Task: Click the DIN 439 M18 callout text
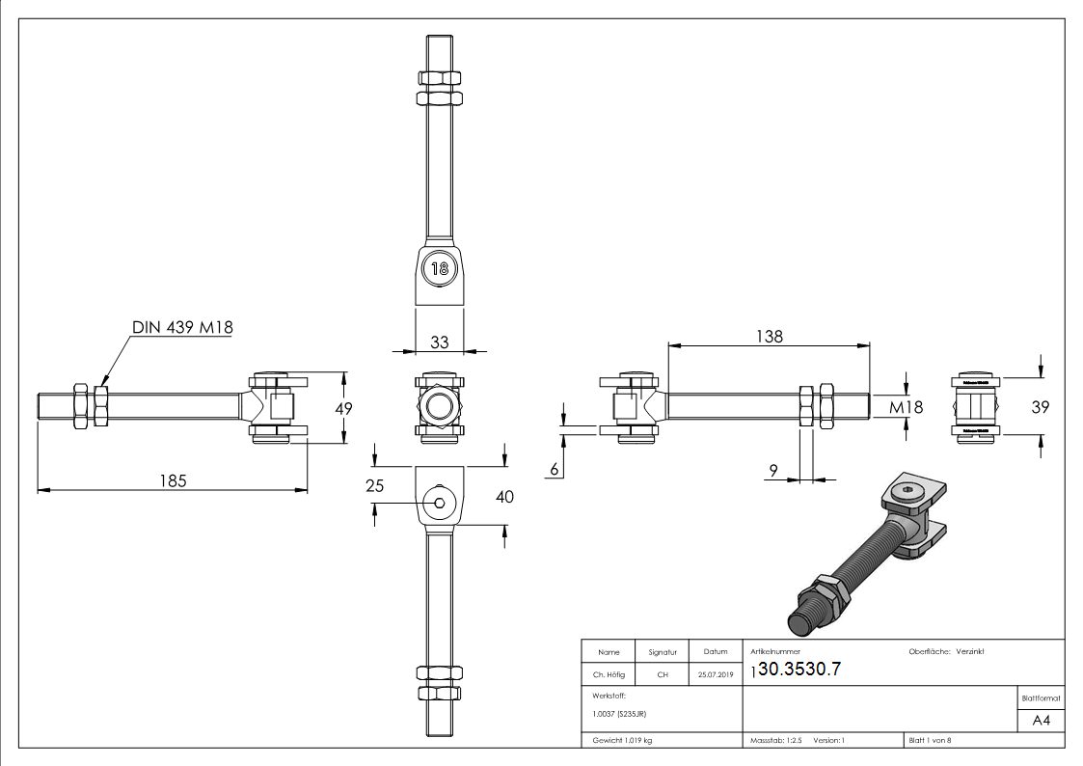pyautogui.click(x=182, y=328)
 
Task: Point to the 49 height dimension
pyautogui.click(x=340, y=408)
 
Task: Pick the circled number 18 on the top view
pyautogui.click(x=439, y=268)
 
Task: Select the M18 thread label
pyautogui.click(x=906, y=407)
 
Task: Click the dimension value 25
pyautogui.click(x=375, y=486)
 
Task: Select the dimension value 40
pyautogui.click(x=504, y=497)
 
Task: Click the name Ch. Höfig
pyautogui.click(x=608, y=675)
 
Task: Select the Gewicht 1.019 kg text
pyautogui.click(x=624, y=739)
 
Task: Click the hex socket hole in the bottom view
pyautogui.click(x=440, y=502)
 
